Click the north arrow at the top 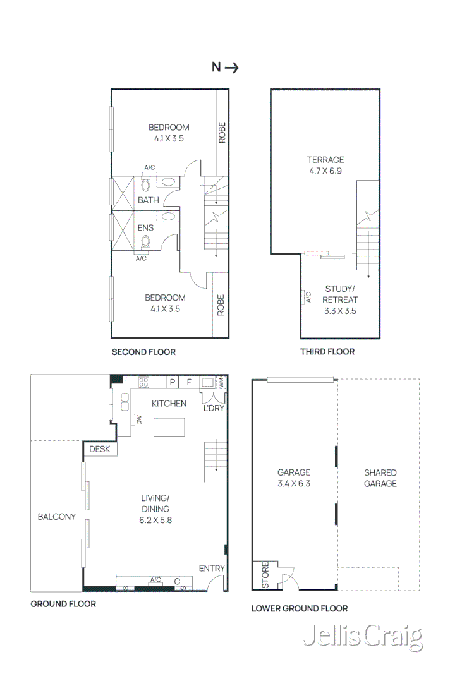pyautogui.click(x=232, y=68)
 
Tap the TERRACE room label pyautogui.click(x=325, y=159)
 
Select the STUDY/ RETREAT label pyautogui.click(x=340, y=294)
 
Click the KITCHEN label pyautogui.click(x=169, y=404)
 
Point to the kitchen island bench pyautogui.click(x=169, y=428)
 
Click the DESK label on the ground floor pyautogui.click(x=100, y=449)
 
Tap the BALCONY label pyautogui.click(x=57, y=517)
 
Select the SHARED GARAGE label pyautogui.click(x=380, y=478)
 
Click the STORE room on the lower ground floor pyautogui.click(x=266, y=575)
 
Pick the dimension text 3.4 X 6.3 pyautogui.click(x=294, y=484)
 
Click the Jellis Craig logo pyautogui.click(x=363, y=637)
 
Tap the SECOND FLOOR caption pyautogui.click(x=143, y=352)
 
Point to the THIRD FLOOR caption pyautogui.click(x=328, y=352)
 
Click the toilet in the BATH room pyautogui.click(x=145, y=184)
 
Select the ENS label pyautogui.click(x=145, y=228)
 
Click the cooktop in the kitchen pyautogui.click(x=143, y=382)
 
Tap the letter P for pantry pyautogui.click(x=173, y=382)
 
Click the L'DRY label pyautogui.click(x=214, y=408)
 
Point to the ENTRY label pyautogui.click(x=212, y=569)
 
